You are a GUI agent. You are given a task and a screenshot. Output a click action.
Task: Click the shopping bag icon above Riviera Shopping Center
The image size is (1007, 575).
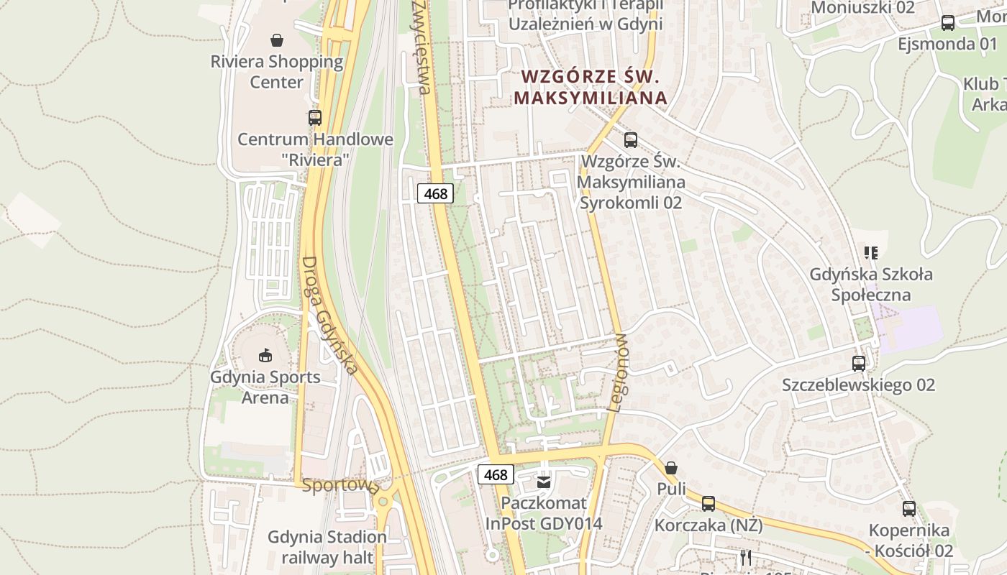[277, 40]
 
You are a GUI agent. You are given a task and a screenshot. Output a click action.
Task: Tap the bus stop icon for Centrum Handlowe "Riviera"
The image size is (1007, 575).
[314, 117]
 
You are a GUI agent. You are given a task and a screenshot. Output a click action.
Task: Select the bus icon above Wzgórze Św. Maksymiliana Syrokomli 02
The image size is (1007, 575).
[631, 140]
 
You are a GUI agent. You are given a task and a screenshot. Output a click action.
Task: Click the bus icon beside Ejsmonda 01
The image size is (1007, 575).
[948, 23]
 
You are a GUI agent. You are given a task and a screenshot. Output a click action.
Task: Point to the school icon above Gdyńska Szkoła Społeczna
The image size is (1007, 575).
[871, 252]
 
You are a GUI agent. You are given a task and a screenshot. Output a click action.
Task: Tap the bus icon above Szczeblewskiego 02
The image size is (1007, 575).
[859, 364]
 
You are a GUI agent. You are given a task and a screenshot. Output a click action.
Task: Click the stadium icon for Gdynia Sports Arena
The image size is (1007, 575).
[265, 355]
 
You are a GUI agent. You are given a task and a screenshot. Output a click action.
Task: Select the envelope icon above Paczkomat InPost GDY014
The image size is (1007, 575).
[544, 482]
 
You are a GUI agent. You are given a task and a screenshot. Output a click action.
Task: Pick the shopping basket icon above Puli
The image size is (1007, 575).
[671, 468]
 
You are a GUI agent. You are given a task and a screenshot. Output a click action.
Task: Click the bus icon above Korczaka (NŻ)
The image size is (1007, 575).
[708, 504]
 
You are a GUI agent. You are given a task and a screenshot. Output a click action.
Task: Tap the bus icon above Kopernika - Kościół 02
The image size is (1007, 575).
[909, 509]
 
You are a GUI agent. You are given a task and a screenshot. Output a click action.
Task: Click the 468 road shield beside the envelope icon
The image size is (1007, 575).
[496, 474]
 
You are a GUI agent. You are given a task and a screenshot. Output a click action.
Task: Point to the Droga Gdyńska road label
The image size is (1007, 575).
[329, 316]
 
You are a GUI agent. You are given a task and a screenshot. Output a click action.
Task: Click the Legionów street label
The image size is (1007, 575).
[618, 372]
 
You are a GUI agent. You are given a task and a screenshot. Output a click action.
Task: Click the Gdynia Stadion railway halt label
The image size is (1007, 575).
[327, 547]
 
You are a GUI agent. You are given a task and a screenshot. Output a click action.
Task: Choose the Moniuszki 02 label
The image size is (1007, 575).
[862, 8]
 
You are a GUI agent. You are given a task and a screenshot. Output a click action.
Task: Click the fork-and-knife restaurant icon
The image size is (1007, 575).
[746, 557]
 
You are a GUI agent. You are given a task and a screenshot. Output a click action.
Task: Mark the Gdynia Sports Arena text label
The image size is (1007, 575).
[265, 387]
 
